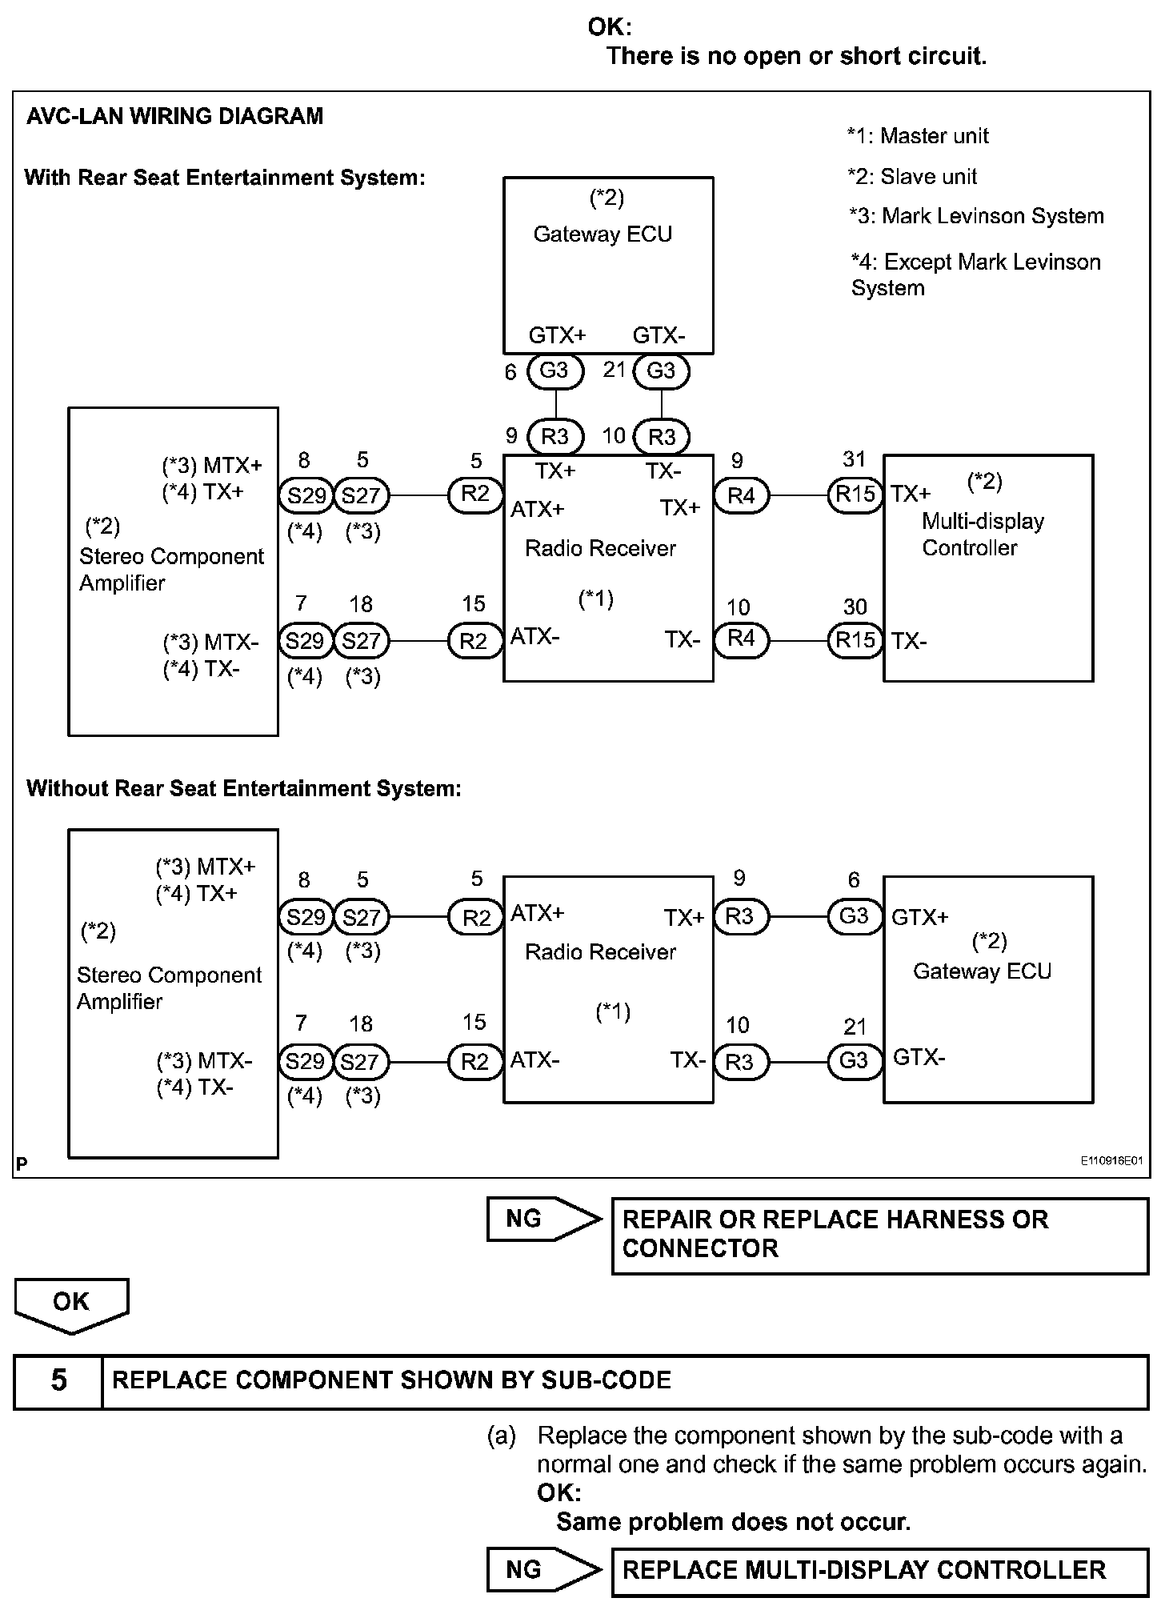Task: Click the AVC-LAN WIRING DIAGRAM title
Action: pyautogui.click(x=174, y=116)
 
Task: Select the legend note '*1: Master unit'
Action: pyautogui.click(x=918, y=136)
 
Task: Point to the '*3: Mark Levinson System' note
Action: pyautogui.click(x=976, y=216)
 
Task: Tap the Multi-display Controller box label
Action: pyautogui.click(x=983, y=535)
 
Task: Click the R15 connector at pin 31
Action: pyautogui.click(x=855, y=495)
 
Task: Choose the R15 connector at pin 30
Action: pyautogui.click(x=855, y=640)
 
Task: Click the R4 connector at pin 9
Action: pyautogui.click(x=741, y=495)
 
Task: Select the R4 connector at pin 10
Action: pyautogui.click(x=741, y=639)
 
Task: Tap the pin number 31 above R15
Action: pyautogui.click(x=855, y=459)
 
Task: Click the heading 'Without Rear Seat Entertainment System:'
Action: pyautogui.click(x=243, y=789)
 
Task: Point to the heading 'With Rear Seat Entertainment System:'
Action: pyautogui.click(x=225, y=178)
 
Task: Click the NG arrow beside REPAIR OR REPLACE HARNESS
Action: pyautogui.click(x=542, y=1219)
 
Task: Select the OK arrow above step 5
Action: pyautogui.click(x=71, y=1304)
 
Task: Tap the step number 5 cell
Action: pyautogui.click(x=58, y=1380)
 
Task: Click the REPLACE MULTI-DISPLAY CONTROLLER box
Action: pyautogui.click(x=879, y=1570)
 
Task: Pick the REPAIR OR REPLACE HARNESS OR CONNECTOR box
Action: pyautogui.click(x=879, y=1235)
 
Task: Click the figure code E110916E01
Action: pyautogui.click(x=1111, y=1160)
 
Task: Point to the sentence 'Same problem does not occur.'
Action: pyautogui.click(x=733, y=1521)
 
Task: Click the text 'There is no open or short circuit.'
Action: pyautogui.click(x=796, y=56)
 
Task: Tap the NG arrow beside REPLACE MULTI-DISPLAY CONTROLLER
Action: pyautogui.click(x=542, y=1569)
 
